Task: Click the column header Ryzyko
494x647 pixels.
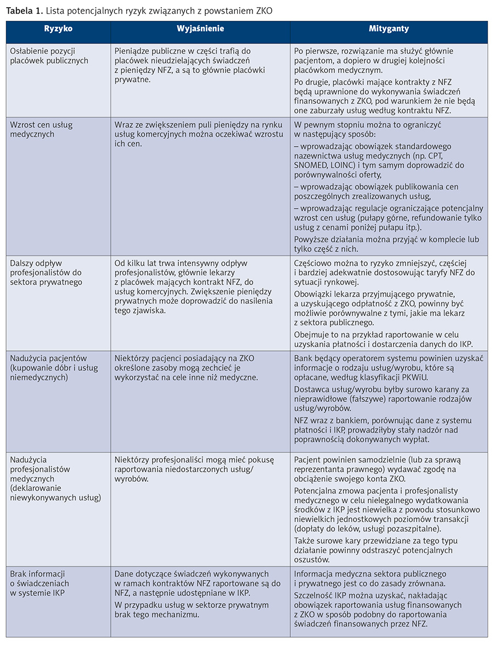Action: click(x=58, y=29)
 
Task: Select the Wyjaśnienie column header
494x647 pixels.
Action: click(x=200, y=29)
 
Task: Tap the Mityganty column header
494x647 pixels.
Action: click(x=389, y=29)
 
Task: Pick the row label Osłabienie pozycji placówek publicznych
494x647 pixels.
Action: click(x=49, y=56)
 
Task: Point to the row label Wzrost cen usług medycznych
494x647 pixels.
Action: click(x=41, y=130)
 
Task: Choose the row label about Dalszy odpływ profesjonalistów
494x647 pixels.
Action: click(x=46, y=272)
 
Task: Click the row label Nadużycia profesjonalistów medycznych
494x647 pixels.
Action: click(x=55, y=478)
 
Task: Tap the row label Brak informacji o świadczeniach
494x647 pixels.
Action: click(x=40, y=583)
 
